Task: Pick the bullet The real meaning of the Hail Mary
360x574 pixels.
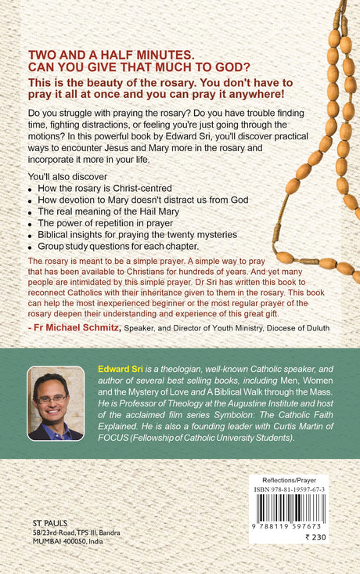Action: click(110, 211)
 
